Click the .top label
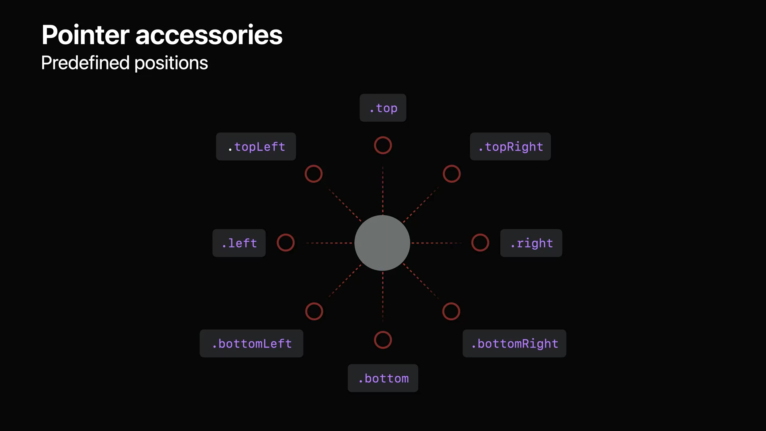click(383, 108)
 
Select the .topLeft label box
click(256, 146)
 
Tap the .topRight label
click(510, 146)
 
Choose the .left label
click(239, 243)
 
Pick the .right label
click(531, 243)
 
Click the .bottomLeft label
click(251, 343)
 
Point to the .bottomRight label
click(514, 343)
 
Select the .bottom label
click(383, 378)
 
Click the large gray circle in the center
click(382, 243)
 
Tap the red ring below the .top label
click(383, 145)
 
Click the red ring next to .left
click(286, 243)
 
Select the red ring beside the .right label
click(480, 243)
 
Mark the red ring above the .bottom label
click(383, 340)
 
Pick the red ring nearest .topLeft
click(314, 174)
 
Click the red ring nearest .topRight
click(452, 174)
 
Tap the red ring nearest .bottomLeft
click(314, 311)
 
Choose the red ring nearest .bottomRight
click(451, 311)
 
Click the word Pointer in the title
click(85, 35)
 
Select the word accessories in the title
click(209, 35)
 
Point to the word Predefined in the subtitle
click(85, 63)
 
